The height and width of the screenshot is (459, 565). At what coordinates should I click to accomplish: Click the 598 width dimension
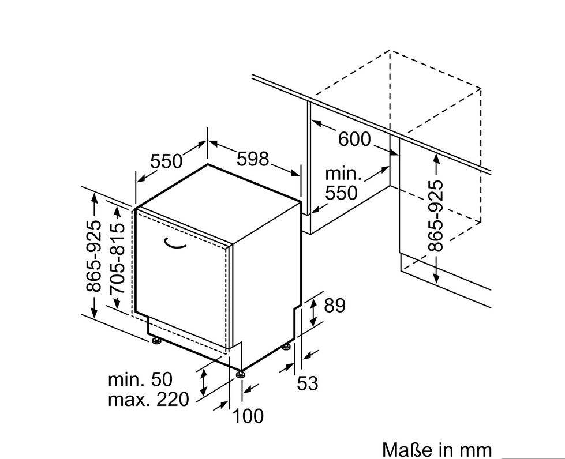pos(253,159)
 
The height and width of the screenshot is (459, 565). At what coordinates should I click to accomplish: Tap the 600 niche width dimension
pos(354,139)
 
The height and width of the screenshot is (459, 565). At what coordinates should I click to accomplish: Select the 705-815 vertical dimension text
pos(117,258)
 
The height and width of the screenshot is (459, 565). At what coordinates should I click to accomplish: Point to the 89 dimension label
pos(334,305)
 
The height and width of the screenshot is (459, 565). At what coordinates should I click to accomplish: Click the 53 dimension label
pos(308,383)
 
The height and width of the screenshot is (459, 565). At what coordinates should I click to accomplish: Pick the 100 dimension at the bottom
pos(248,416)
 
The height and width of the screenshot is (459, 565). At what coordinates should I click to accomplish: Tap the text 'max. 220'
pos(148,399)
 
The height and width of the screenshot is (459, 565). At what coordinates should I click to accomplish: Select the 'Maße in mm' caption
pos(437,450)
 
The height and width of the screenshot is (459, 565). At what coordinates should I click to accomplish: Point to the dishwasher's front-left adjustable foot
pos(156,340)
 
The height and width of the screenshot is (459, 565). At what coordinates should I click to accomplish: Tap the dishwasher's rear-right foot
pos(286,347)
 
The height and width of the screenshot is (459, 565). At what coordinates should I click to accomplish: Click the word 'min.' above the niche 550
pos(343,174)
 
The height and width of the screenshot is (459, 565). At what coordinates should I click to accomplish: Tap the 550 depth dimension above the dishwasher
pos(166,161)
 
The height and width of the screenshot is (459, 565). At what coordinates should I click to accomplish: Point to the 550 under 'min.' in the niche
pos(341,193)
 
